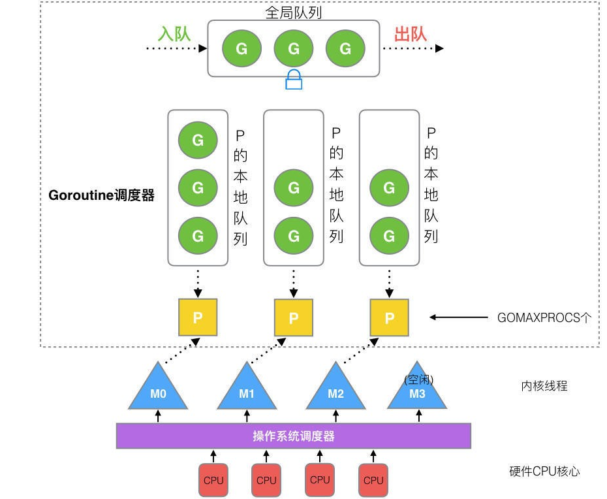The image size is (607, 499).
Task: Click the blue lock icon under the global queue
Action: pos(294,80)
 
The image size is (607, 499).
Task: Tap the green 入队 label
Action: pos(174,34)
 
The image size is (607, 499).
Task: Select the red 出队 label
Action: pos(411,34)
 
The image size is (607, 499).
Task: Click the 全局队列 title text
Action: pos(294,12)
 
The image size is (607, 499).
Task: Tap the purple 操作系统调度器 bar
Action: pos(294,436)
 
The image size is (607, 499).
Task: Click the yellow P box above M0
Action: pos(198,317)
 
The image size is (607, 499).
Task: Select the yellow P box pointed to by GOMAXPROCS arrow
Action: pos(390,317)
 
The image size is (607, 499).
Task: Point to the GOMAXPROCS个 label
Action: pos(544,318)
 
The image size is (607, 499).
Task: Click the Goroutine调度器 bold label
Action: pos(101,195)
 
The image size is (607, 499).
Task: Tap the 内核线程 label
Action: pos(544,386)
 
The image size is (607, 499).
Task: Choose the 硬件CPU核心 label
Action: pos(544,471)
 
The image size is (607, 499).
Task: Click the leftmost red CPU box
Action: pos(213,480)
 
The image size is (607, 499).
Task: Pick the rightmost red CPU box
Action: pos(373,480)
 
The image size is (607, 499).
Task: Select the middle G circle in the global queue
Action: pos(294,48)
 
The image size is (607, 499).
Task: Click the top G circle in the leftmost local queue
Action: pos(198,139)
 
